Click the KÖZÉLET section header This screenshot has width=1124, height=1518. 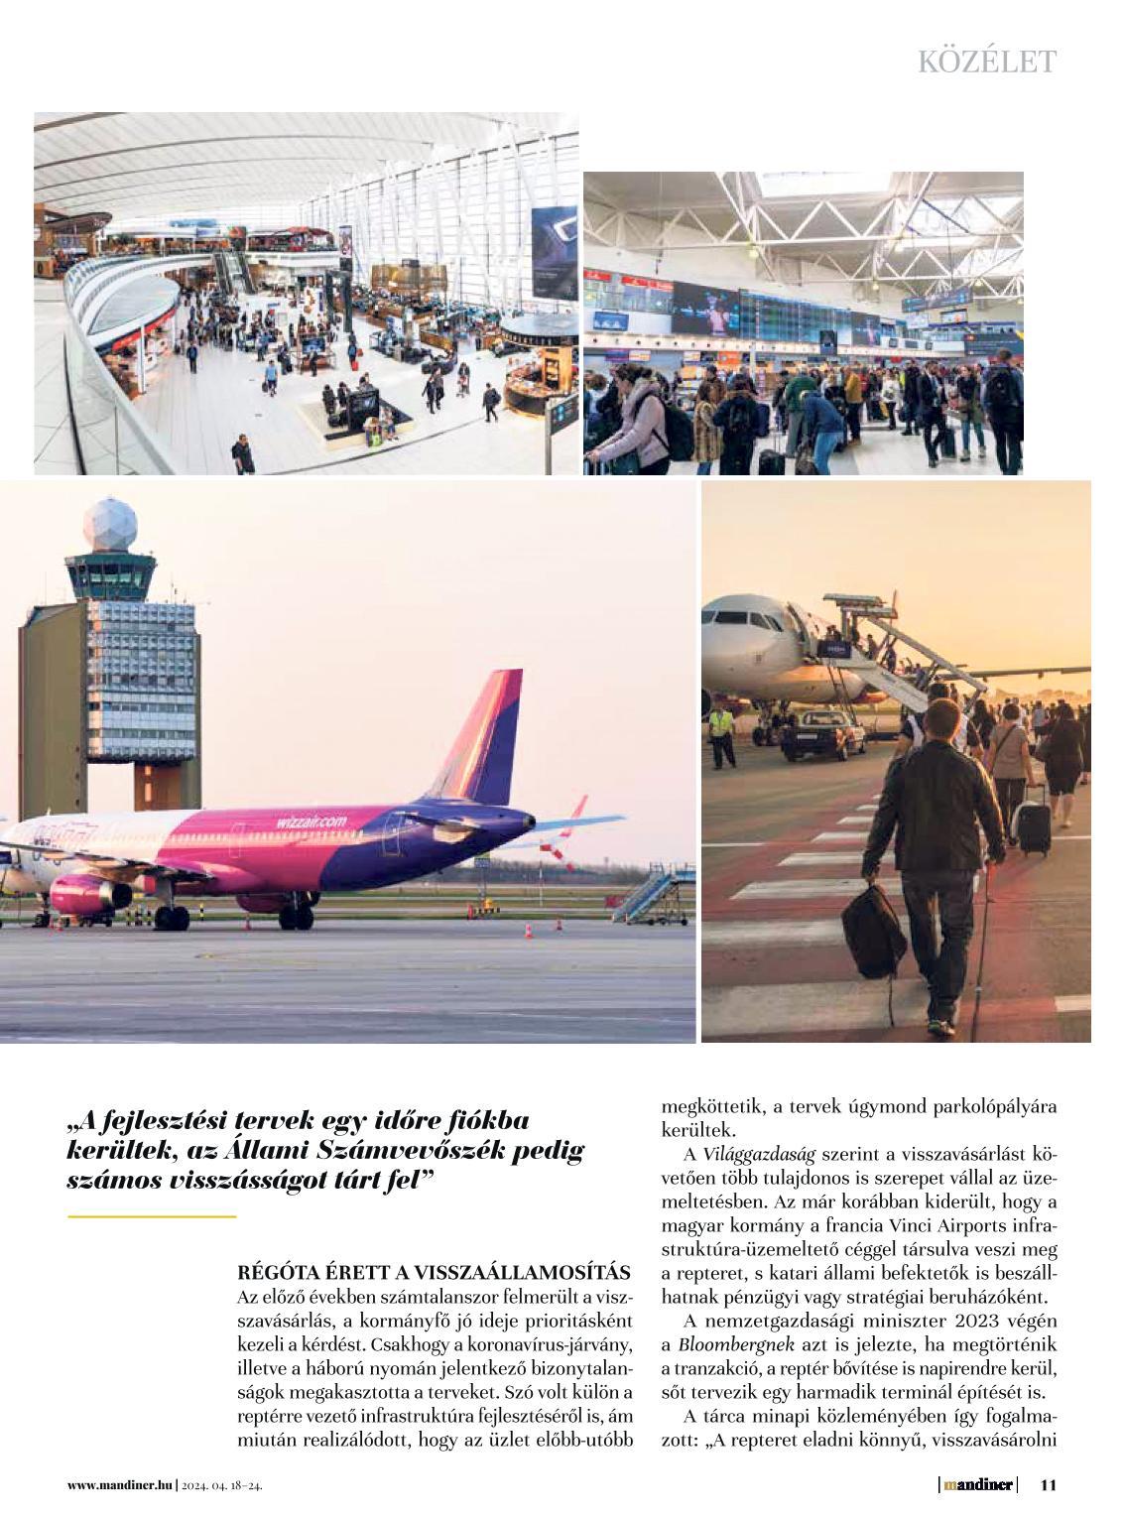pyautogui.click(x=986, y=62)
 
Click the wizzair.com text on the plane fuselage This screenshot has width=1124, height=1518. pyautogui.click(x=312, y=822)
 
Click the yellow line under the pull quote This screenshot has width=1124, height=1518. pyautogui.click(x=152, y=1215)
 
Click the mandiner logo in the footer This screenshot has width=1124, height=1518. pyautogui.click(x=978, y=1484)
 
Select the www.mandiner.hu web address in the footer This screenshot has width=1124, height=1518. pyautogui.click(x=120, y=1485)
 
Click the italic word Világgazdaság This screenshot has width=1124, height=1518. pyautogui.click(x=759, y=1154)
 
